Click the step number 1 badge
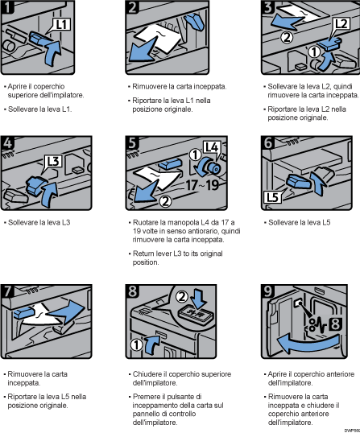click(x=10, y=10)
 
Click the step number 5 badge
click(x=136, y=145)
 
